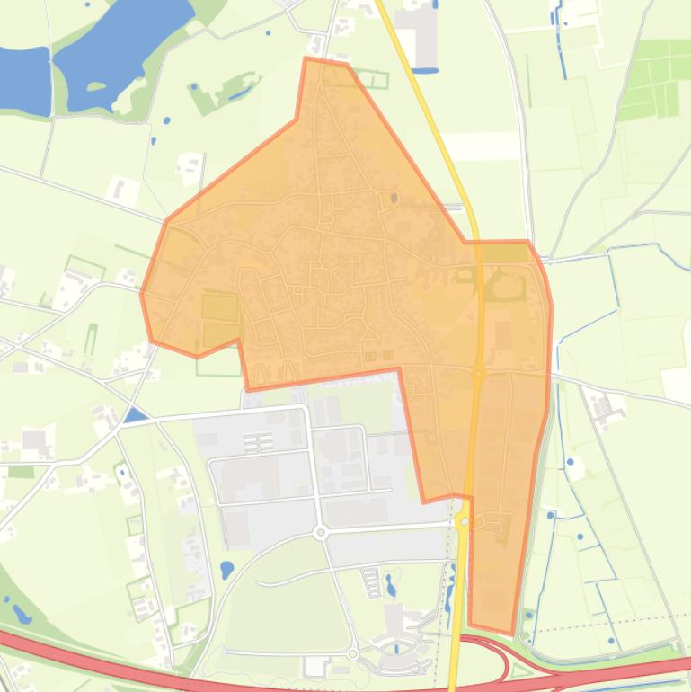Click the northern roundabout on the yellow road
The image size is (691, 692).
(479, 374)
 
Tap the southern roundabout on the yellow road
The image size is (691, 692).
(464, 520)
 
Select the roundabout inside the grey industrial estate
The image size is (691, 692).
(321, 533)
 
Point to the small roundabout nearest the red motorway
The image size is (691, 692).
(353, 653)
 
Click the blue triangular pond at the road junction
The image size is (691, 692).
(135, 415)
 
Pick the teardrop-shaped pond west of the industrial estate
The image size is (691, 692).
(226, 570)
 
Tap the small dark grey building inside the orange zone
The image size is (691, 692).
(394, 198)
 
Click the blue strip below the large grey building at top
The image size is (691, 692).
(425, 69)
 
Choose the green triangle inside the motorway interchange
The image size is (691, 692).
(520, 669)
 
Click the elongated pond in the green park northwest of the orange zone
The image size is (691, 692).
(240, 92)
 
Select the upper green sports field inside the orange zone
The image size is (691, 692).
(219, 307)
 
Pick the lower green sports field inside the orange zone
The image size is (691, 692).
(218, 336)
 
